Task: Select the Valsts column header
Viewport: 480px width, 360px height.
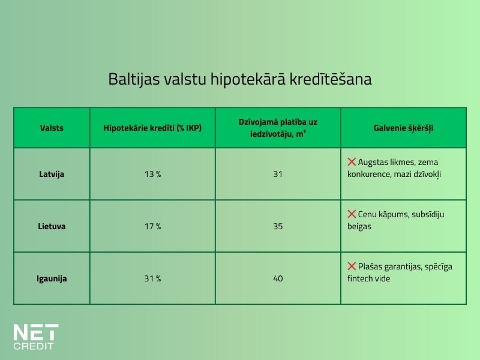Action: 52,128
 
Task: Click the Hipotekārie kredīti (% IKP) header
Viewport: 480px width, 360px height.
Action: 152,128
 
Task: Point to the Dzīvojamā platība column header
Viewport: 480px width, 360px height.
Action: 278,128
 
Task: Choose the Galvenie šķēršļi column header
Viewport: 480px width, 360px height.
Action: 403,128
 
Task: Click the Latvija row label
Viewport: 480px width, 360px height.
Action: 52,174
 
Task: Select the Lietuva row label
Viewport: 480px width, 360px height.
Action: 52,226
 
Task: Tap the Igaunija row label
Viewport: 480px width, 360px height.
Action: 52,278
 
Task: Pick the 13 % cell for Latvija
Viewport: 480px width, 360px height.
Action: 152,174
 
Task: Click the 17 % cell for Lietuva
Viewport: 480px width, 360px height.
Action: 152,226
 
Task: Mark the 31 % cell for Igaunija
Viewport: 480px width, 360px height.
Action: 152,278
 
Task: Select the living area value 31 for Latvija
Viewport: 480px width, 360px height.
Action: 278,174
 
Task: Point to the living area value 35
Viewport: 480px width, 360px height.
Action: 278,226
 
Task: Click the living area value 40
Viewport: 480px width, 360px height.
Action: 278,278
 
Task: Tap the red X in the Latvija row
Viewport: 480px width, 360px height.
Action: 352,162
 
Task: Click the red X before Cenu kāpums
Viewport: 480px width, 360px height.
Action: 352,214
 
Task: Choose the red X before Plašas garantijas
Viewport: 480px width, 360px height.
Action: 352,266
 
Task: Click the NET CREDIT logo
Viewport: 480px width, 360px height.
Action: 36,337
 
